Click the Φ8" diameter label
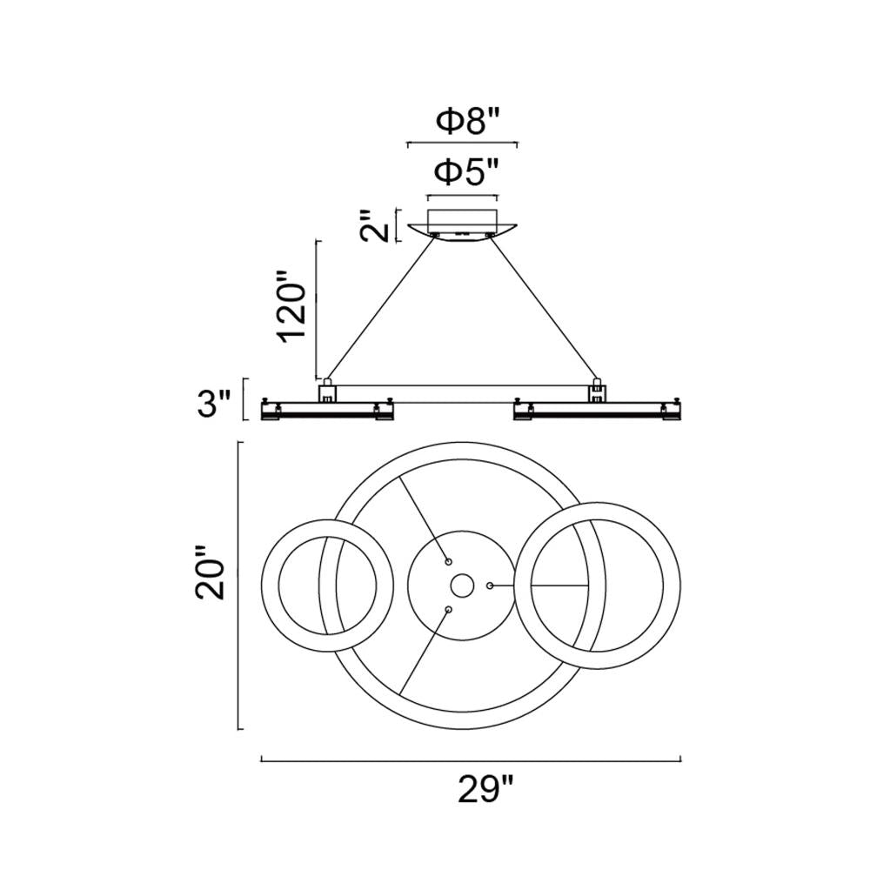(x=468, y=122)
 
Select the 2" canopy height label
(x=375, y=225)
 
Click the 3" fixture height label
(x=214, y=404)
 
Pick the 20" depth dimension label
(x=211, y=572)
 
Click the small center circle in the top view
(x=462, y=586)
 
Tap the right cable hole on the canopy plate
(x=490, y=586)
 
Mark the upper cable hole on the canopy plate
(x=448, y=562)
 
